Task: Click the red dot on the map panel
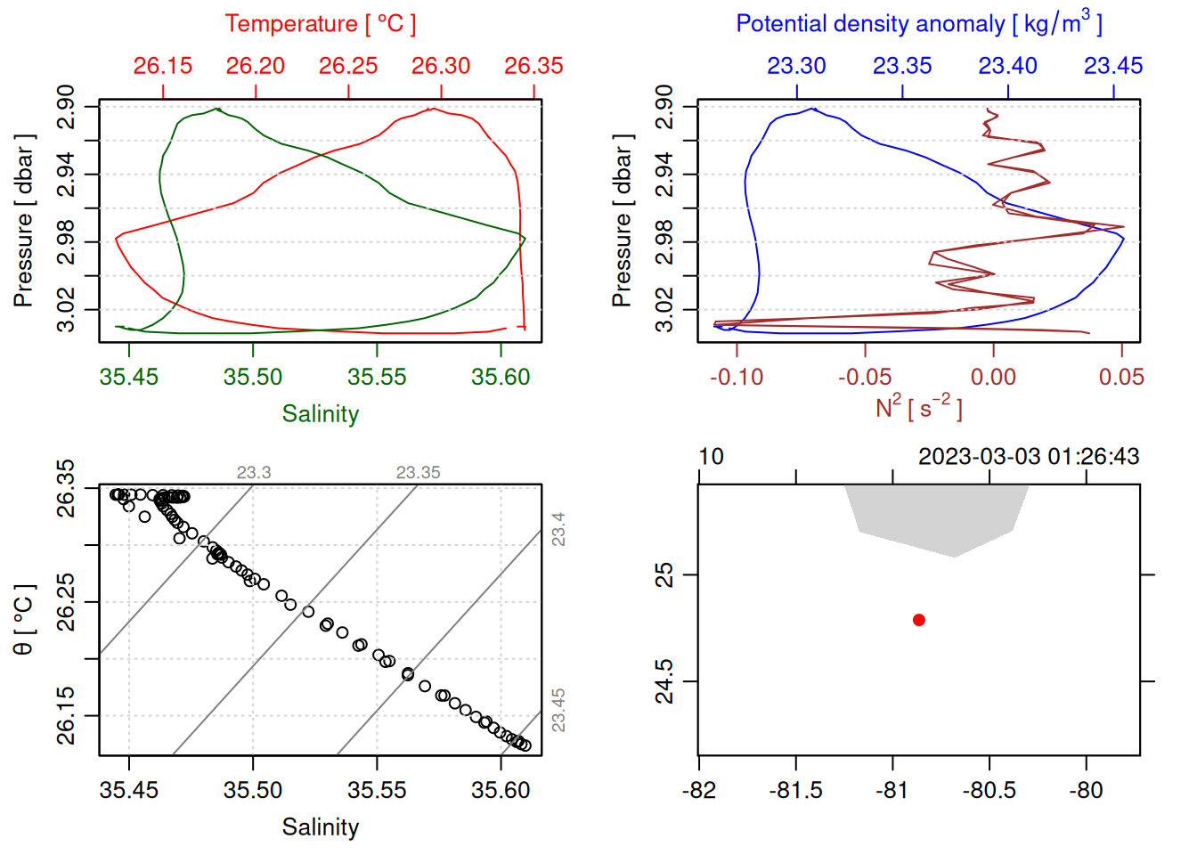point(919,620)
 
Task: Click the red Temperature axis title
point(320,24)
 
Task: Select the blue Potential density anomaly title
point(918,23)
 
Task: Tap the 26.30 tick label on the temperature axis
point(441,66)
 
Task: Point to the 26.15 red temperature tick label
point(163,66)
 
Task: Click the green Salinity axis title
point(320,414)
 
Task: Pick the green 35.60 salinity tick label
point(501,378)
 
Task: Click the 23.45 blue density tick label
point(1113,66)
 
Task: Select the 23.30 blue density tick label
point(797,66)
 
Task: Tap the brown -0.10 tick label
point(737,378)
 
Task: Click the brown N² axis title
point(918,408)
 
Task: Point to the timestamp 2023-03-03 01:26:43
point(1029,457)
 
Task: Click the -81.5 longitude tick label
point(796,791)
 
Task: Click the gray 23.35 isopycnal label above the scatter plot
point(418,473)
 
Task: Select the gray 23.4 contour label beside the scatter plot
point(558,529)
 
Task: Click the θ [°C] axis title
point(23,620)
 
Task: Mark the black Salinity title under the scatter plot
point(320,827)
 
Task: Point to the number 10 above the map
point(711,457)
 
